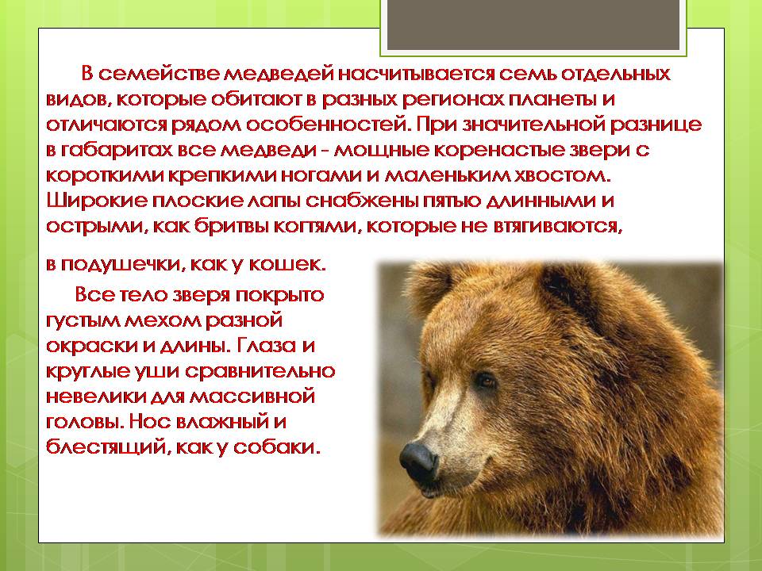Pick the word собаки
point(283,447)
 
